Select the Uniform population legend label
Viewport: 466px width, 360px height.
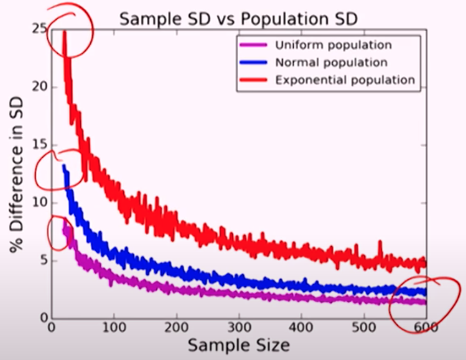click(x=333, y=45)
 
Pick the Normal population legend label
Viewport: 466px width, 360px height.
click(x=331, y=62)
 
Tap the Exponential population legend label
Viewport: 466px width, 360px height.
click(x=344, y=80)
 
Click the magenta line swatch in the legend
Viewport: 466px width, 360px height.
click(x=253, y=45)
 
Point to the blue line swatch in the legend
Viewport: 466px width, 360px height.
click(x=253, y=62)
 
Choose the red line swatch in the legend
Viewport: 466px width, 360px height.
click(x=253, y=80)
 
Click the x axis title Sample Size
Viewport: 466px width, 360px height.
click(x=239, y=346)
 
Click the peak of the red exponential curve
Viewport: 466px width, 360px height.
click(x=64, y=32)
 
